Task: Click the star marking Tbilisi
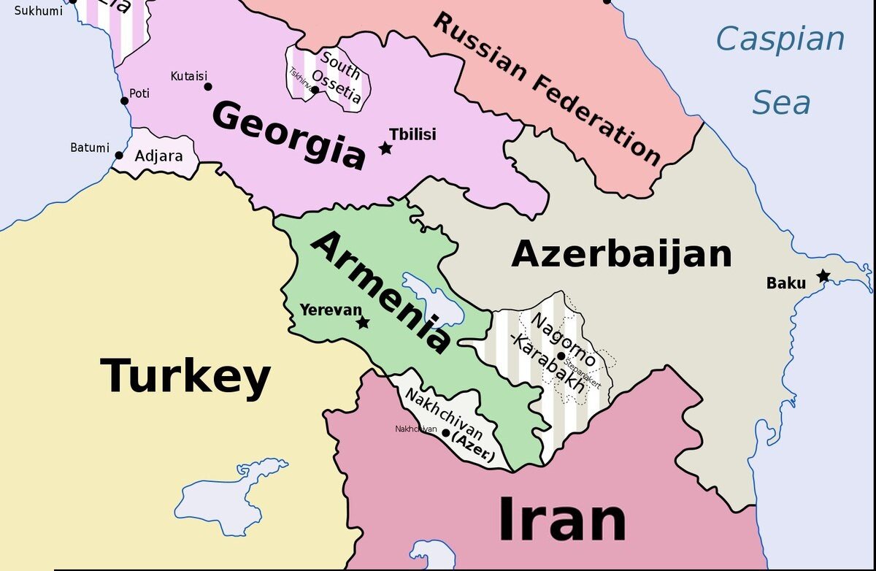[385, 149]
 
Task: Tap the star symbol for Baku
[823, 276]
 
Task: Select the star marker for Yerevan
[363, 323]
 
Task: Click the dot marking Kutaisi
[208, 87]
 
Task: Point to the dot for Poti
[125, 101]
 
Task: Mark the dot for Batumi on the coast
[119, 155]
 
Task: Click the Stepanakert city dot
[561, 356]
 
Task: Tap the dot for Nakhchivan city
[445, 432]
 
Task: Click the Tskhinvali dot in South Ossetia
[315, 91]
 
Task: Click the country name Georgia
[289, 136]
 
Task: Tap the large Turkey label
[185, 376]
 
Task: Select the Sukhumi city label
[39, 10]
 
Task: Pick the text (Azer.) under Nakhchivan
[473, 440]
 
